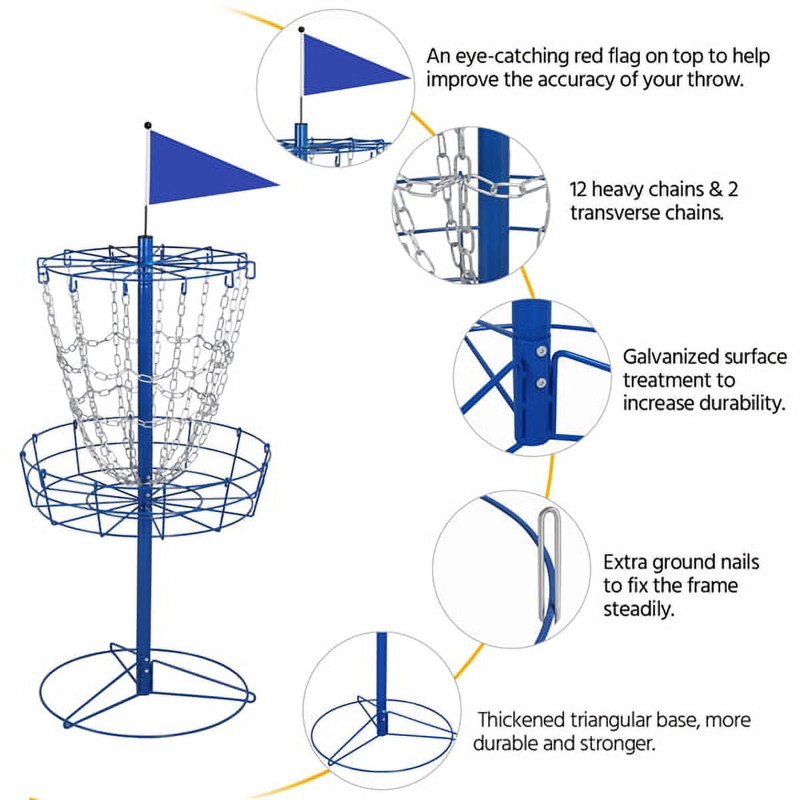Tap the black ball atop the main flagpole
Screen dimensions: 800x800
click(147, 125)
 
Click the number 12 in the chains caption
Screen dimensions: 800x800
click(579, 189)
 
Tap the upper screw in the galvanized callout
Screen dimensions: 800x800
click(542, 351)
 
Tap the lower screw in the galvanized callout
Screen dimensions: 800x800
click(541, 382)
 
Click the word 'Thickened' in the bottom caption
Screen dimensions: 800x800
click(521, 720)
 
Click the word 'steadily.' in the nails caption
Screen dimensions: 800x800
click(639, 609)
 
